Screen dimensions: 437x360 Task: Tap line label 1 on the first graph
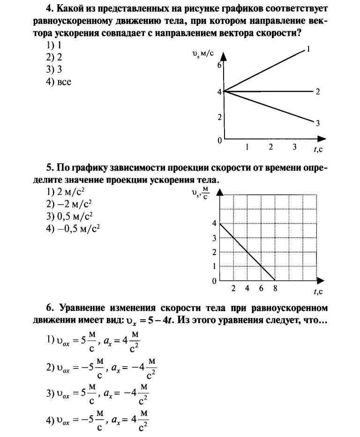click(x=308, y=49)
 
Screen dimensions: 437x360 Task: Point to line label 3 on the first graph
click(x=317, y=123)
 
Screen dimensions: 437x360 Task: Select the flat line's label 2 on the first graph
click(x=317, y=91)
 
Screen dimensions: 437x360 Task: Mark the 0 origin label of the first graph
click(x=219, y=141)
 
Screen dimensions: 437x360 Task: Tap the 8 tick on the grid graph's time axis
click(x=275, y=289)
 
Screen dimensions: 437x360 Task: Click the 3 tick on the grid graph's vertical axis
click(x=215, y=238)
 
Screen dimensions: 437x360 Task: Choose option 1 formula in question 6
click(x=94, y=343)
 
